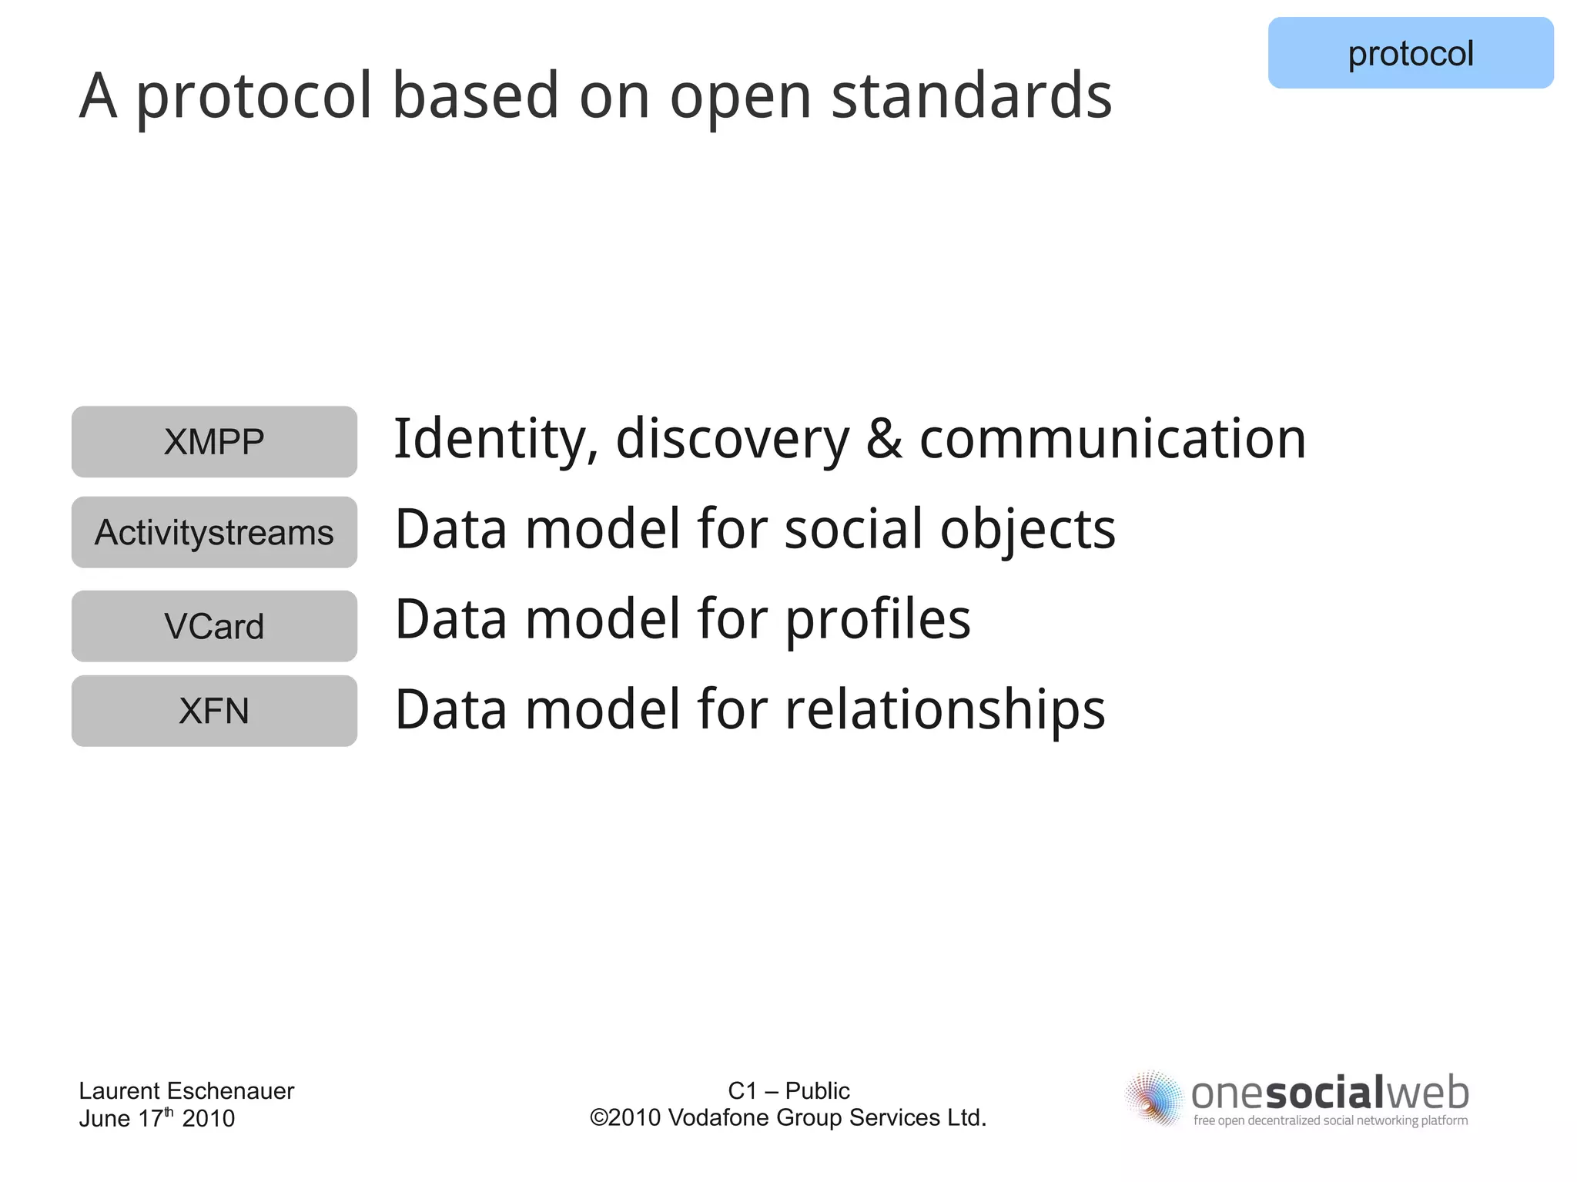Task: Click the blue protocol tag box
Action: point(1410,53)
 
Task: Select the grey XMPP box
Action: point(214,442)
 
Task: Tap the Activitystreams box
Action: point(214,532)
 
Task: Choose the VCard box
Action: point(214,626)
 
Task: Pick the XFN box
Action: point(214,711)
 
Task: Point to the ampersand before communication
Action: point(883,439)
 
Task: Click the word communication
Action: point(1113,439)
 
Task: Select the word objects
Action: point(1027,530)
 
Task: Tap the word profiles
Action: point(878,621)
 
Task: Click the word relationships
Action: point(945,710)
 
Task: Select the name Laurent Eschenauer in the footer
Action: point(186,1090)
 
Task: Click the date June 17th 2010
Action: point(156,1118)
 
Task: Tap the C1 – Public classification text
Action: point(788,1090)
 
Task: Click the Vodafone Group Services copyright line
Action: point(788,1118)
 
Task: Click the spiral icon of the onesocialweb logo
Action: point(1153,1098)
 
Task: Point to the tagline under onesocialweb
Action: point(1330,1120)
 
